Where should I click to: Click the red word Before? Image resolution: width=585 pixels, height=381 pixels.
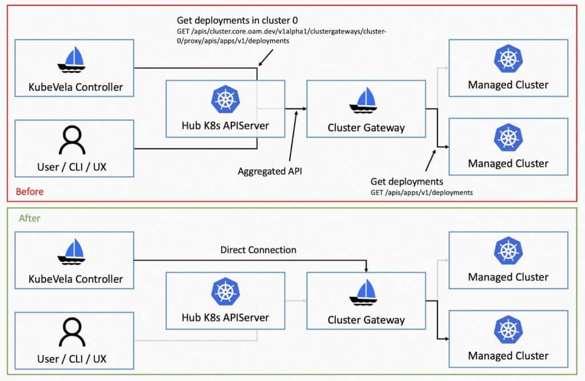click(x=29, y=191)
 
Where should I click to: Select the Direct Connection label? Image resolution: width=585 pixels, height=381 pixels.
click(x=258, y=250)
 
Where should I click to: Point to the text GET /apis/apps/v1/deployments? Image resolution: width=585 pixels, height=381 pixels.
click(x=422, y=192)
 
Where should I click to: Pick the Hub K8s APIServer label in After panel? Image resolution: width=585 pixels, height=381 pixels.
click(x=225, y=317)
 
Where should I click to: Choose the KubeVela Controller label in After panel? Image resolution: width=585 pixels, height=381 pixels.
click(x=75, y=279)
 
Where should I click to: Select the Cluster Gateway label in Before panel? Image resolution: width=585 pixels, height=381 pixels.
click(x=366, y=128)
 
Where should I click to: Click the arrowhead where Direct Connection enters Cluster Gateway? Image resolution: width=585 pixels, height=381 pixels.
click(x=366, y=269)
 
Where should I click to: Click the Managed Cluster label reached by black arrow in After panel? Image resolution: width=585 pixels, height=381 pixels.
click(x=508, y=355)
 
